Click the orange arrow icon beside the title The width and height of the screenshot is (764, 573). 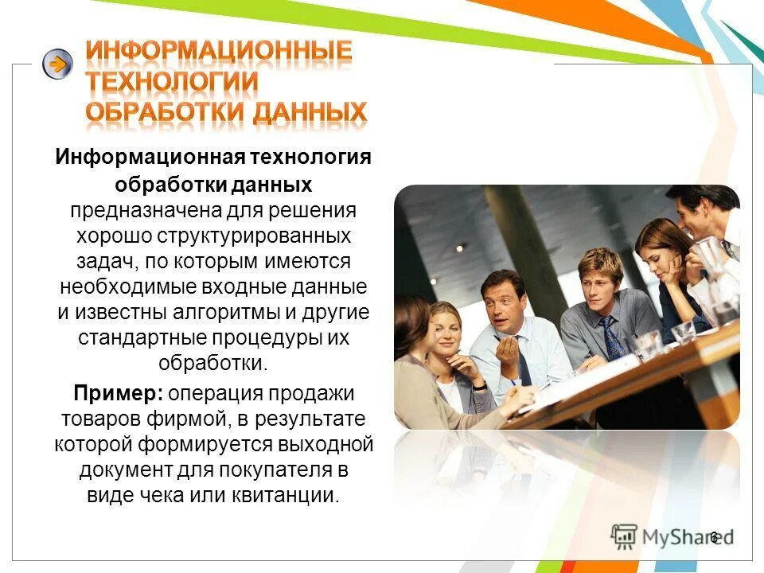click(x=57, y=64)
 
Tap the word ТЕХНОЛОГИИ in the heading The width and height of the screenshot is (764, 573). click(x=172, y=82)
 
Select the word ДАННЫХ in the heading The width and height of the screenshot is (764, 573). click(x=310, y=112)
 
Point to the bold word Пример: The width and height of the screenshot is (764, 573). click(x=119, y=393)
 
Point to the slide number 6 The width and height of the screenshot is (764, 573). click(x=714, y=536)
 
